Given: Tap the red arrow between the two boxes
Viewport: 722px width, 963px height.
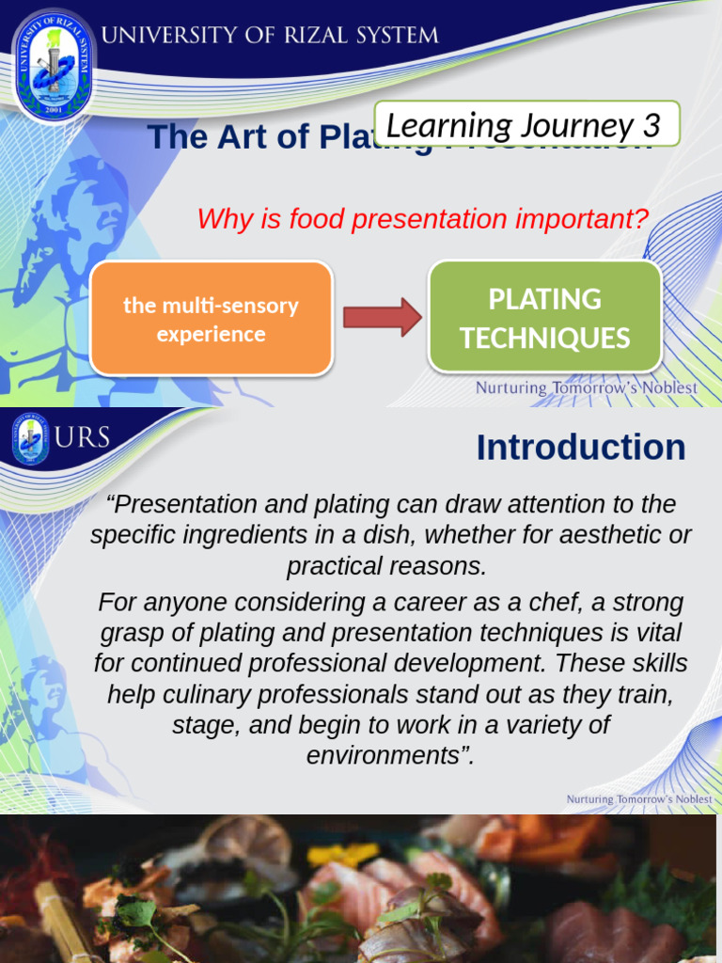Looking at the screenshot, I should (x=382, y=317).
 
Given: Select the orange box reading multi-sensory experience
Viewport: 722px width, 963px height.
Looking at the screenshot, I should (x=211, y=319).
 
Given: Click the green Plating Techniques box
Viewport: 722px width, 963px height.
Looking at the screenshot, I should (x=544, y=317).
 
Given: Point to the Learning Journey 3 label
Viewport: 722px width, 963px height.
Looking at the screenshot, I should (x=526, y=124).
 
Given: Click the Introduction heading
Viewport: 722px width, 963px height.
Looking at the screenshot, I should (x=580, y=448).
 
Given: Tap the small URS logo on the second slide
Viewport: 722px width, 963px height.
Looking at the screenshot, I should (x=31, y=439).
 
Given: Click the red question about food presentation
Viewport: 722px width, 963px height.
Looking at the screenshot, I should (x=422, y=220).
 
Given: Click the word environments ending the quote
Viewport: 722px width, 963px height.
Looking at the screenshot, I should (x=385, y=755).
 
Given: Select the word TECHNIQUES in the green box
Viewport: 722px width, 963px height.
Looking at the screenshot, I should (x=544, y=338).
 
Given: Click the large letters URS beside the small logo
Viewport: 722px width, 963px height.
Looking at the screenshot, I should (x=83, y=437).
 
